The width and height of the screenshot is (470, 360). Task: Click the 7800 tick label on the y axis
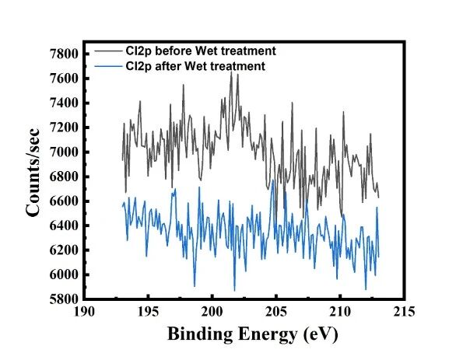[x=63, y=54]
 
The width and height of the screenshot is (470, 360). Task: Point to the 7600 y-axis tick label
[x=63, y=79]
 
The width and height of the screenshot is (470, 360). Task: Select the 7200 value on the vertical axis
[x=63, y=128]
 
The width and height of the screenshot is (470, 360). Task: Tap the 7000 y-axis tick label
[x=63, y=152]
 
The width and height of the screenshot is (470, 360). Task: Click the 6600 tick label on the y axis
[x=63, y=201]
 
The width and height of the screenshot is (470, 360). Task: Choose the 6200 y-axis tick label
[x=63, y=250]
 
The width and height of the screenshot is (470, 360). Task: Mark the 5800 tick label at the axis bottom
[x=63, y=299]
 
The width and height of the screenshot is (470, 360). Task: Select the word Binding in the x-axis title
[x=194, y=335]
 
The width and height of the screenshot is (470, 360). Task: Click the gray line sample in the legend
[x=108, y=51]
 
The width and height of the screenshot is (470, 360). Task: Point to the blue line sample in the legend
[x=108, y=66]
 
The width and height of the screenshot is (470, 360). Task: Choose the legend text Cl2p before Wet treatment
[x=201, y=51]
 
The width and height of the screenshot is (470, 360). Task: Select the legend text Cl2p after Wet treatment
[x=195, y=66]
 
